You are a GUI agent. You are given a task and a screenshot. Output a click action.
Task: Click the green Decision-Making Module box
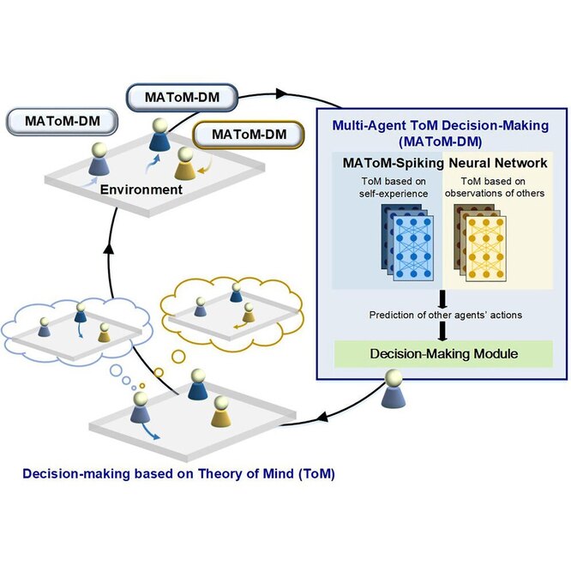(440, 352)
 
